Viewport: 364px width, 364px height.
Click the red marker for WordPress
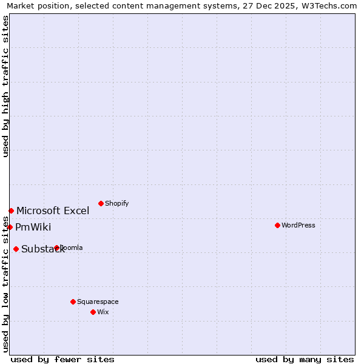[x=277, y=225]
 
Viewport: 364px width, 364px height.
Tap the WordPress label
[x=298, y=225]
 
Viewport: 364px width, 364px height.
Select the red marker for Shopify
[x=101, y=203]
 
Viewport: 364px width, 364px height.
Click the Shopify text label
[x=116, y=203]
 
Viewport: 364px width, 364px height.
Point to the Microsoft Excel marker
[x=11, y=211]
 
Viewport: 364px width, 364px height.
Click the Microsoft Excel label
[x=53, y=211]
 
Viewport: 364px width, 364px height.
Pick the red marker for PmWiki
[x=10, y=227]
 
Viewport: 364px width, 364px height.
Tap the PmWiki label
[x=33, y=227]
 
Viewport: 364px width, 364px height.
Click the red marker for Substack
[x=16, y=249]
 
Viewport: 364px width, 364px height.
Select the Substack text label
[x=42, y=249]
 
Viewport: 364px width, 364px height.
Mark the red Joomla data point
[x=56, y=248]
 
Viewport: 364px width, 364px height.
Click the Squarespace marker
[x=73, y=302]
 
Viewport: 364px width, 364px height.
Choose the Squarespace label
[x=98, y=302]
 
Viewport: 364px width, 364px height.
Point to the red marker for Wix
[x=93, y=312]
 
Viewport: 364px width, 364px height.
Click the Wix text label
[x=103, y=312]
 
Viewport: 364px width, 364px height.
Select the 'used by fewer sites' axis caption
[x=62, y=359]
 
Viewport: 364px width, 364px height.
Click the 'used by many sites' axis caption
[x=305, y=359]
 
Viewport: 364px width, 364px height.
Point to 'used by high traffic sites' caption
[x=5, y=86]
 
